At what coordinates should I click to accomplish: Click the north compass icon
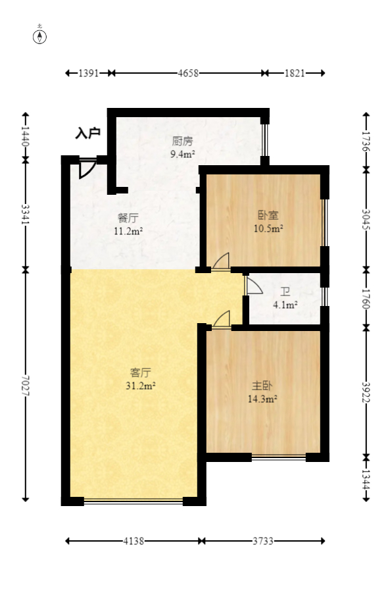click(x=40, y=36)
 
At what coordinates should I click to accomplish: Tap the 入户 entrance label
click(x=87, y=134)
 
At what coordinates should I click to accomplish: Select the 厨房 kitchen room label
click(x=182, y=141)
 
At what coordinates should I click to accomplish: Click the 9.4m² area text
click(x=182, y=154)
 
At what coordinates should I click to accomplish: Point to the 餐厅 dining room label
click(x=128, y=218)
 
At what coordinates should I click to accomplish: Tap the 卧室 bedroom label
click(x=268, y=215)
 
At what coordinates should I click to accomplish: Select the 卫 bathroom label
click(x=285, y=292)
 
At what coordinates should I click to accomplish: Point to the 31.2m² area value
click(x=140, y=386)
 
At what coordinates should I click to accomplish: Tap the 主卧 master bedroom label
click(x=261, y=385)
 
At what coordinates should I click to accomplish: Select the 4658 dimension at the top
click(x=188, y=74)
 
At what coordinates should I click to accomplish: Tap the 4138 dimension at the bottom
click(x=133, y=541)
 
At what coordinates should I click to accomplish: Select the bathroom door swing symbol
click(x=253, y=284)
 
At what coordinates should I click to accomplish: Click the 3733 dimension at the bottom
click(x=262, y=541)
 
